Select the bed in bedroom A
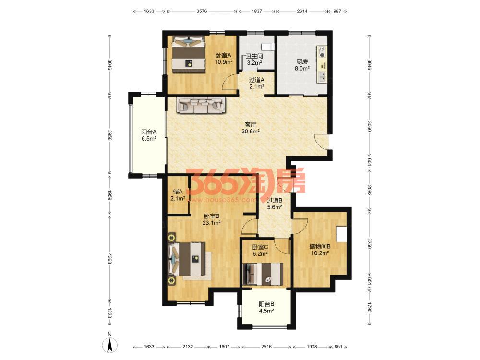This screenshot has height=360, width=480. [x=188, y=55]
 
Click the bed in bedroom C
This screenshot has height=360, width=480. [x=263, y=274]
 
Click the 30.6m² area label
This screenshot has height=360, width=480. [x=251, y=132]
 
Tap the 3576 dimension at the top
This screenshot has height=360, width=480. [x=202, y=12]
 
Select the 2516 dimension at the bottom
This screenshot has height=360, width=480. [x=266, y=347]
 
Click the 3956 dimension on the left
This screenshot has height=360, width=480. [x=109, y=135]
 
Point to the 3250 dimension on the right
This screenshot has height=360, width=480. [x=369, y=243]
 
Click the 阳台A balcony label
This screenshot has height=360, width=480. [x=149, y=132]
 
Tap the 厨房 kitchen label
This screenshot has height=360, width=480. [x=302, y=61]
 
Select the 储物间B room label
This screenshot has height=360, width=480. [x=320, y=246]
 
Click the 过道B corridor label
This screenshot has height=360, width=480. [x=275, y=201]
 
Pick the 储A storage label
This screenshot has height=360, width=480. [x=178, y=192]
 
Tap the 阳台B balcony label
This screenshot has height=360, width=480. [x=266, y=304]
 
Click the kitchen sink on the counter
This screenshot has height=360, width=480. [x=322, y=77]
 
